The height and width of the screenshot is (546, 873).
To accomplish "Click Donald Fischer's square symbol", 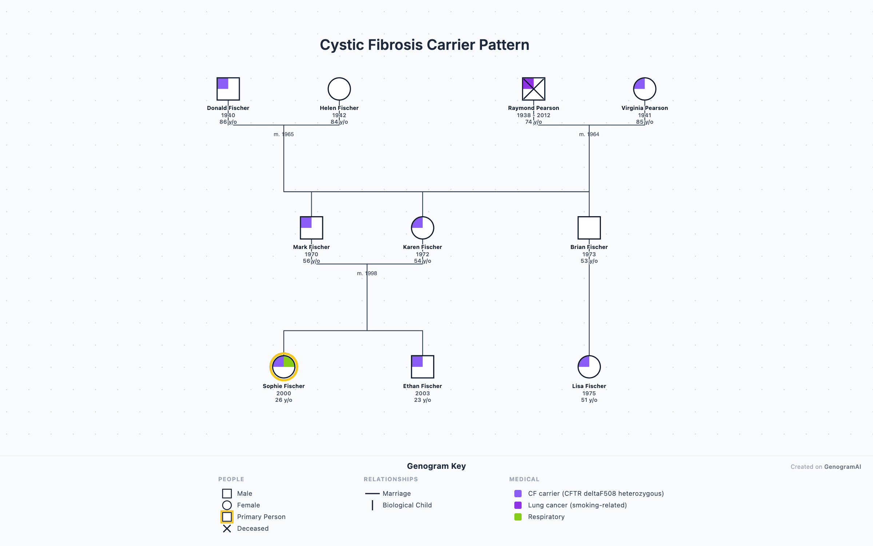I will tap(228, 89).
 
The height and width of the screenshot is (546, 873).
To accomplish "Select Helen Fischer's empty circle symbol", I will tap(339, 89).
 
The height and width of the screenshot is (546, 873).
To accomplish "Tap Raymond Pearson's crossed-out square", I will tap(534, 89).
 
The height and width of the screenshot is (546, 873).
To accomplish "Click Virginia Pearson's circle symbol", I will tap(645, 89).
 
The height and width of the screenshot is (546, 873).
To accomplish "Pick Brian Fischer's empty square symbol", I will tap(589, 228).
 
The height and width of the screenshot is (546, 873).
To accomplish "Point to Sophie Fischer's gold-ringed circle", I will tap(284, 367).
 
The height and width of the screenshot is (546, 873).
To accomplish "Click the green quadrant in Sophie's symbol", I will tap(288, 362).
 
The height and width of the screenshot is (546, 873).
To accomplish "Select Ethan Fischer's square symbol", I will tap(422, 367).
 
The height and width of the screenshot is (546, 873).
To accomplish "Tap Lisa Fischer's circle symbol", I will tap(589, 367).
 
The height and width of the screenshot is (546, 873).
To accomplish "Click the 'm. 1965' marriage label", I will tap(284, 134).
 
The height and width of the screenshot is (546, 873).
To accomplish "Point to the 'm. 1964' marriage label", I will tap(589, 134).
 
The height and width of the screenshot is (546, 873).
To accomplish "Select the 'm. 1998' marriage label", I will tap(367, 273).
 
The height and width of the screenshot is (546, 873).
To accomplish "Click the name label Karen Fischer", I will tap(422, 247).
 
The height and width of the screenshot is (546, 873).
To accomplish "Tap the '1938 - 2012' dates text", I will tap(534, 115).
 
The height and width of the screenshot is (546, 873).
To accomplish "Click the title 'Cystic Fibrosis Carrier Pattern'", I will tap(424, 45).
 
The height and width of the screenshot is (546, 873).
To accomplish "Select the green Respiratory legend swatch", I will tap(518, 517).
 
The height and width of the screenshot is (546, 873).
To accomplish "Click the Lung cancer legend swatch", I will tap(518, 505).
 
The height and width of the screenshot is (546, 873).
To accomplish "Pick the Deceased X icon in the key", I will tap(227, 529).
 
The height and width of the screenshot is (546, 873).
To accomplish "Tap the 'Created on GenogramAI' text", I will tap(826, 467).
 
